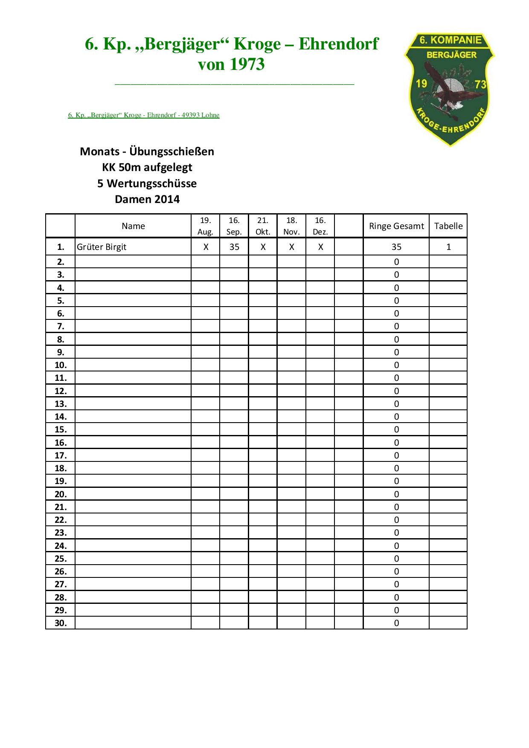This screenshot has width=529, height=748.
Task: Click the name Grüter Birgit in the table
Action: pyautogui.click(x=102, y=247)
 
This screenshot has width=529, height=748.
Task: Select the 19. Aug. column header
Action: pyautogui.click(x=205, y=226)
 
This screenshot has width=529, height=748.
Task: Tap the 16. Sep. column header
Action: pyautogui.click(x=234, y=226)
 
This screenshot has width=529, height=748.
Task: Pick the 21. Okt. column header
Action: pyautogui.click(x=263, y=226)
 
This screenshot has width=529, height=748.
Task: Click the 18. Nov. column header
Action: pyautogui.click(x=291, y=226)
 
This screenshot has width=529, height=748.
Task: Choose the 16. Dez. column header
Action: pyautogui.click(x=320, y=226)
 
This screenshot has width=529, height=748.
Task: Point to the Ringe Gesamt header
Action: pyautogui.click(x=396, y=226)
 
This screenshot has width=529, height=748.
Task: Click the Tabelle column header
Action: pyautogui.click(x=448, y=226)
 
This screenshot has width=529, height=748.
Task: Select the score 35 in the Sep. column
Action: pyautogui.click(x=234, y=247)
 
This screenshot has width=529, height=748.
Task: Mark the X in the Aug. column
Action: pyautogui.click(x=206, y=247)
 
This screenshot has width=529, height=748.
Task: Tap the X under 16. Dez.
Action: pyautogui.click(x=320, y=247)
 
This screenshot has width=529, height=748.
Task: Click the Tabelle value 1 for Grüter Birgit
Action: pyautogui.click(x=448, y=247)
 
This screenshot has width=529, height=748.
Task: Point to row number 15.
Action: pyautogui.click(x=61, y=429)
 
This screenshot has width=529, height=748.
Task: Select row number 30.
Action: pyautogui.click(x=61, y=623)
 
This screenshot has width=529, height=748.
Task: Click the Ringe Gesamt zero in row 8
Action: pyautogui.click(x=396, y=339)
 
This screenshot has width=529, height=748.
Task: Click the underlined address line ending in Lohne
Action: pyautogui.click(x=144, y=115)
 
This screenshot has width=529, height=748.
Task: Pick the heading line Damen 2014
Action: pyautogui.click(x=147, y=199)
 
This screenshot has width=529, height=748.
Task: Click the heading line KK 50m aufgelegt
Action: pyautogui.click(x=147, y=167)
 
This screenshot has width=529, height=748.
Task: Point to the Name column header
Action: pyautogui.click(x=133, y=226)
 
